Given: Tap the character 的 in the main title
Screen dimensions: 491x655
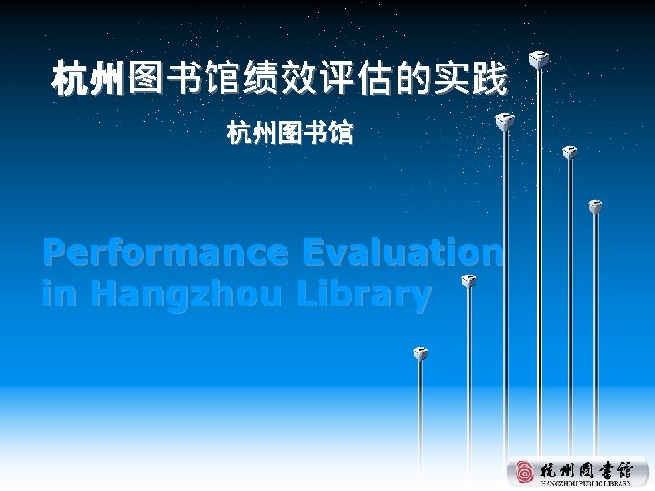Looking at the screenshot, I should (411, 79).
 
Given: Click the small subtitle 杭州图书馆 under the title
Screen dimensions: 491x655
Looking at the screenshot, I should (290, 134).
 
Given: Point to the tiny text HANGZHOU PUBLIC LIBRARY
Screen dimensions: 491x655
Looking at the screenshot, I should (586, 485).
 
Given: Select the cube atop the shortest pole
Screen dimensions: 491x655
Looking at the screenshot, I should (419, 353).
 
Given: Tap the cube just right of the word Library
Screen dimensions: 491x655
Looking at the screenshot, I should (469, 282).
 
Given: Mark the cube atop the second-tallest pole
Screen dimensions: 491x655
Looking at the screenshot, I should (502, 119).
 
